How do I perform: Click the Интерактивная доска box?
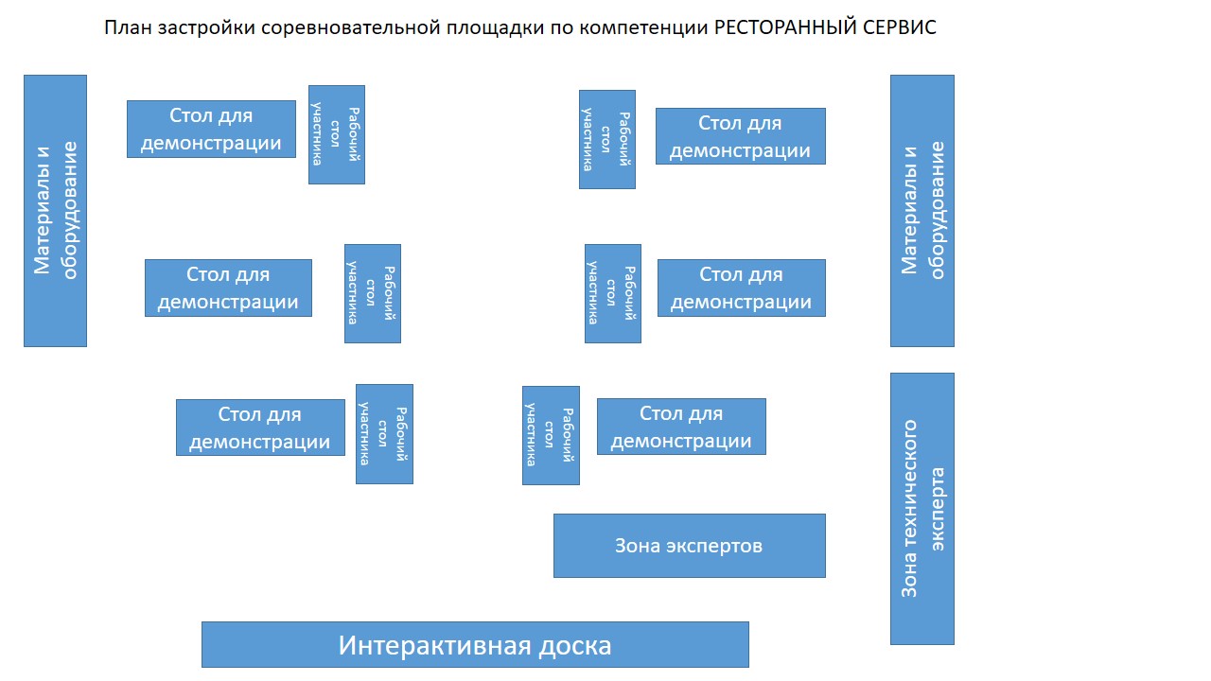click(475, 644)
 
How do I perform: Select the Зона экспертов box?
click(689, 546)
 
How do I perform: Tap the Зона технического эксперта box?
click(921, 509)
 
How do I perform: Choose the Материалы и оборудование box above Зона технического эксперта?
click(921, 211)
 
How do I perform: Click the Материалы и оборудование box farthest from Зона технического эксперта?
click(55, 211)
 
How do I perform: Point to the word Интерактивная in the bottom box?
click(427, 646)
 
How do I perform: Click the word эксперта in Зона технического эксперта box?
click(937, 509)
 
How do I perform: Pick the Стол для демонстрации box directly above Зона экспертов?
click(681, 427)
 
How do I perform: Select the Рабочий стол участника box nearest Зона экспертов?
click(551, 435)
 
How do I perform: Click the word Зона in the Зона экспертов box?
click(638, 546)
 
